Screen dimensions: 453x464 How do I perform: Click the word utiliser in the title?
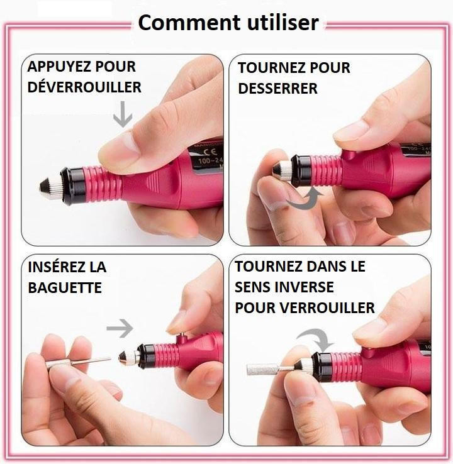tap(282, 23)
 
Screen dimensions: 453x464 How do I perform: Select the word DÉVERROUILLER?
tap(84, 87)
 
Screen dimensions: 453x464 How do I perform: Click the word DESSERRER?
tap(277, 89)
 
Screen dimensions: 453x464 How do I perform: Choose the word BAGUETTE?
tap(65, 287)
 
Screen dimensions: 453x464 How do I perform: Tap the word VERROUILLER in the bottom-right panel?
tap(327, 307)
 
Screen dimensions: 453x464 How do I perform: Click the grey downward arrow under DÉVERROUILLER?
tap(123, 114)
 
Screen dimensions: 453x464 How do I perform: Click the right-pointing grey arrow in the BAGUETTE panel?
tap(120, 328)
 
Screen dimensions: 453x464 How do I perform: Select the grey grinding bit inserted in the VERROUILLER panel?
tap(262, 369)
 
